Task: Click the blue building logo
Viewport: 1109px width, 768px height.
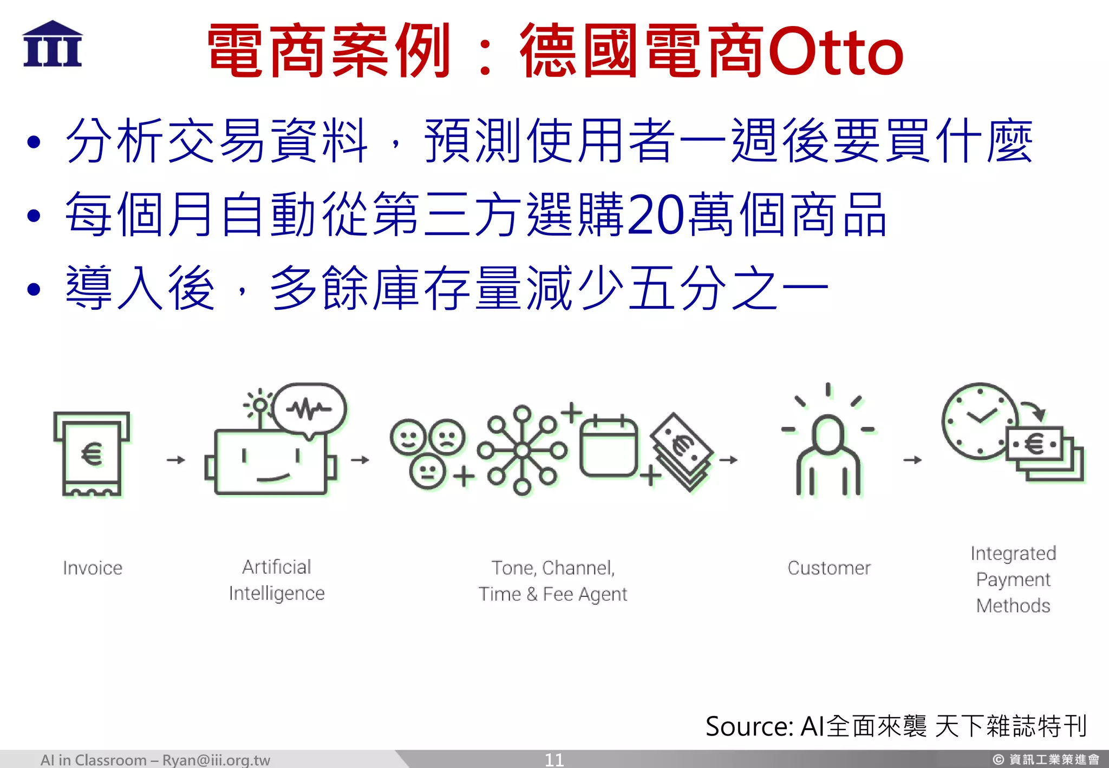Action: click(53, 44)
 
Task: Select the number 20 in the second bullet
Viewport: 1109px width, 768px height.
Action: click(656, 216)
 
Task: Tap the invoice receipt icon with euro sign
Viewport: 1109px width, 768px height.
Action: click(92, 454)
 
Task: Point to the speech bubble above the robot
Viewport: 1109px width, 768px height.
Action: click(309, 409)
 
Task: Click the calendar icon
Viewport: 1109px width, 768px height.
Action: click(608, 447)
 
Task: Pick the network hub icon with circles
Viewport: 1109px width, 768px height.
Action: click(522, 450)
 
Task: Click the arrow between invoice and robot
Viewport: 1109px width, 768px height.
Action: click(175, 460)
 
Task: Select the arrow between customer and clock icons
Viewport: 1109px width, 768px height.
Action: click(912, 460)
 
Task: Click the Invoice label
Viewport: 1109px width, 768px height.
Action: click(93, 568)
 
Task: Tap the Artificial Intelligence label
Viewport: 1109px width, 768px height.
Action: click(277, 580)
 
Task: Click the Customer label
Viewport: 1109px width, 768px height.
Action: click(829, 568)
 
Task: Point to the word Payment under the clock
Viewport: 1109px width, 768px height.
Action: click(1013, 580)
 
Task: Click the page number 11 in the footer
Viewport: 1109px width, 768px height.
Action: click(554, 760)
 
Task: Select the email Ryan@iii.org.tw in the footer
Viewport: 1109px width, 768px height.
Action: click(216, 760)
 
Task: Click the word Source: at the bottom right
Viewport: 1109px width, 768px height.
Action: click(749, 726)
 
